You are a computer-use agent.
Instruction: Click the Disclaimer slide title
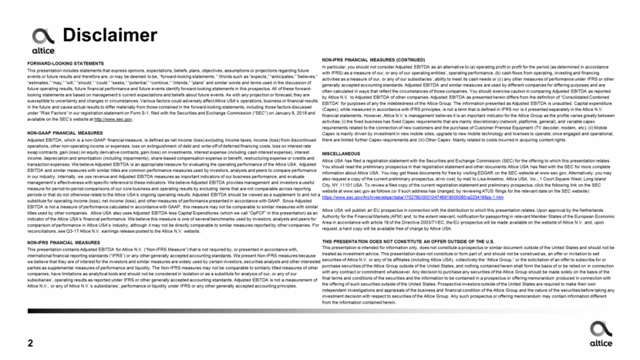coord(103,35)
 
